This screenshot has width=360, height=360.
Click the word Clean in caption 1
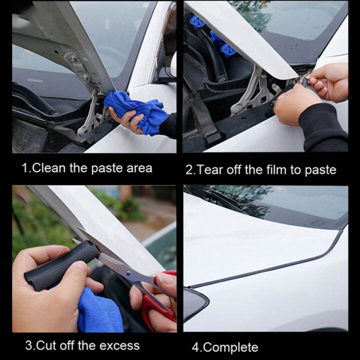coord(49,168)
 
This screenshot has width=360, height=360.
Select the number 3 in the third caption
coord(29,345)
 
